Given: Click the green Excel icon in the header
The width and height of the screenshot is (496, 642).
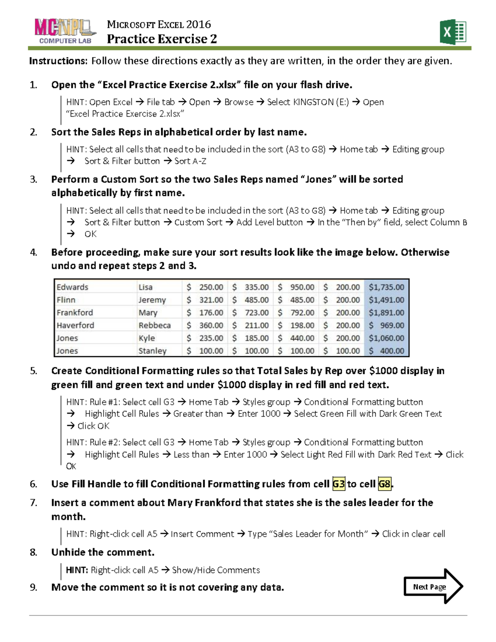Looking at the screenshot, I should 453,32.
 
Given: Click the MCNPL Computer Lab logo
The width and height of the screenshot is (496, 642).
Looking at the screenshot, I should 65,31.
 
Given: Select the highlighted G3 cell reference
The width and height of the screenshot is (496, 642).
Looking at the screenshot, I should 339,484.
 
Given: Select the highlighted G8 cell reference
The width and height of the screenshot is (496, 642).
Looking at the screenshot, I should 384,484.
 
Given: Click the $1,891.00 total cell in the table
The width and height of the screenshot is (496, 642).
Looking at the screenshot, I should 386,313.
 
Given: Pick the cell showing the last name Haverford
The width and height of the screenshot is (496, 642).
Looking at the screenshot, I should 75,325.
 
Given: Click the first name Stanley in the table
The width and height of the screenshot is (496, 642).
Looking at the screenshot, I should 152,351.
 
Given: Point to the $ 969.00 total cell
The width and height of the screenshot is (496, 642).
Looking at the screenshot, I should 386,325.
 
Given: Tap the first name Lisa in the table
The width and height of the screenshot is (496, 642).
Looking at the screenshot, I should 145,287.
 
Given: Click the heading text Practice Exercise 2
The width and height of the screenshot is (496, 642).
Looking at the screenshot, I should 162,39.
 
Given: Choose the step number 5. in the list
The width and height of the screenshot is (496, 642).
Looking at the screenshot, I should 33,371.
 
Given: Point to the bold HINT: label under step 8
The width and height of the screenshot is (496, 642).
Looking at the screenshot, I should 77,570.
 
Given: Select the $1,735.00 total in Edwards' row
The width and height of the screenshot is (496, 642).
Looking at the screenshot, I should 386,287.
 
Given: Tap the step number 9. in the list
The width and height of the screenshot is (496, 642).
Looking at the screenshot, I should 33,587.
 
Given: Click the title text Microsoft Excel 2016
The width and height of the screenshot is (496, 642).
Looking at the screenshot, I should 159,24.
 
